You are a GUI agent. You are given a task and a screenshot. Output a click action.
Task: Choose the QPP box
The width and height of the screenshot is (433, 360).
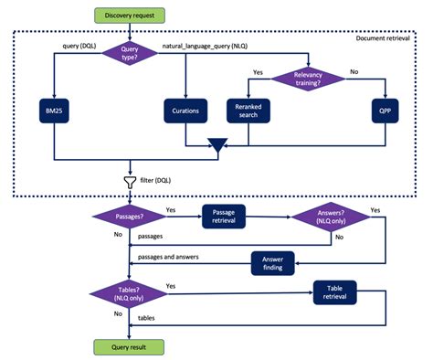click(x=384, y=111)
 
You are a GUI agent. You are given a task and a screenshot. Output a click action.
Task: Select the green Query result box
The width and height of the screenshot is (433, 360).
click(x=129, y=347)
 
